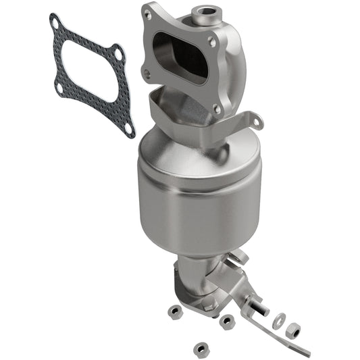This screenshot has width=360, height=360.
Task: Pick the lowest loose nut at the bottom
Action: click(x=199, y=350)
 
